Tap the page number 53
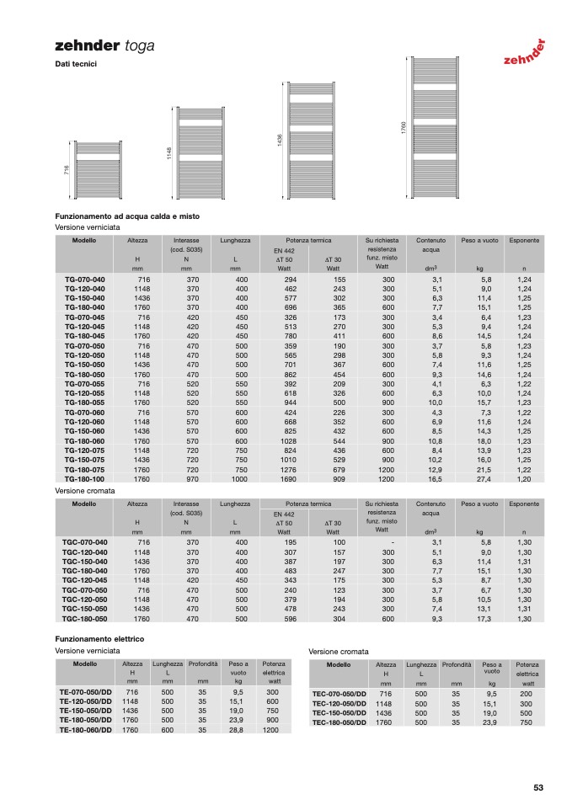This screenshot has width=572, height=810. [x=538, y=787]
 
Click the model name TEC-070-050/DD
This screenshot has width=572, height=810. [x=339, y=694]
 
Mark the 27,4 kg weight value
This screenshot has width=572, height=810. [x=484, y=479]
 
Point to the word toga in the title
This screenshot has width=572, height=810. [x=139, y=46]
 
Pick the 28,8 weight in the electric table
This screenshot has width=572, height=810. [x=237, y=730]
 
